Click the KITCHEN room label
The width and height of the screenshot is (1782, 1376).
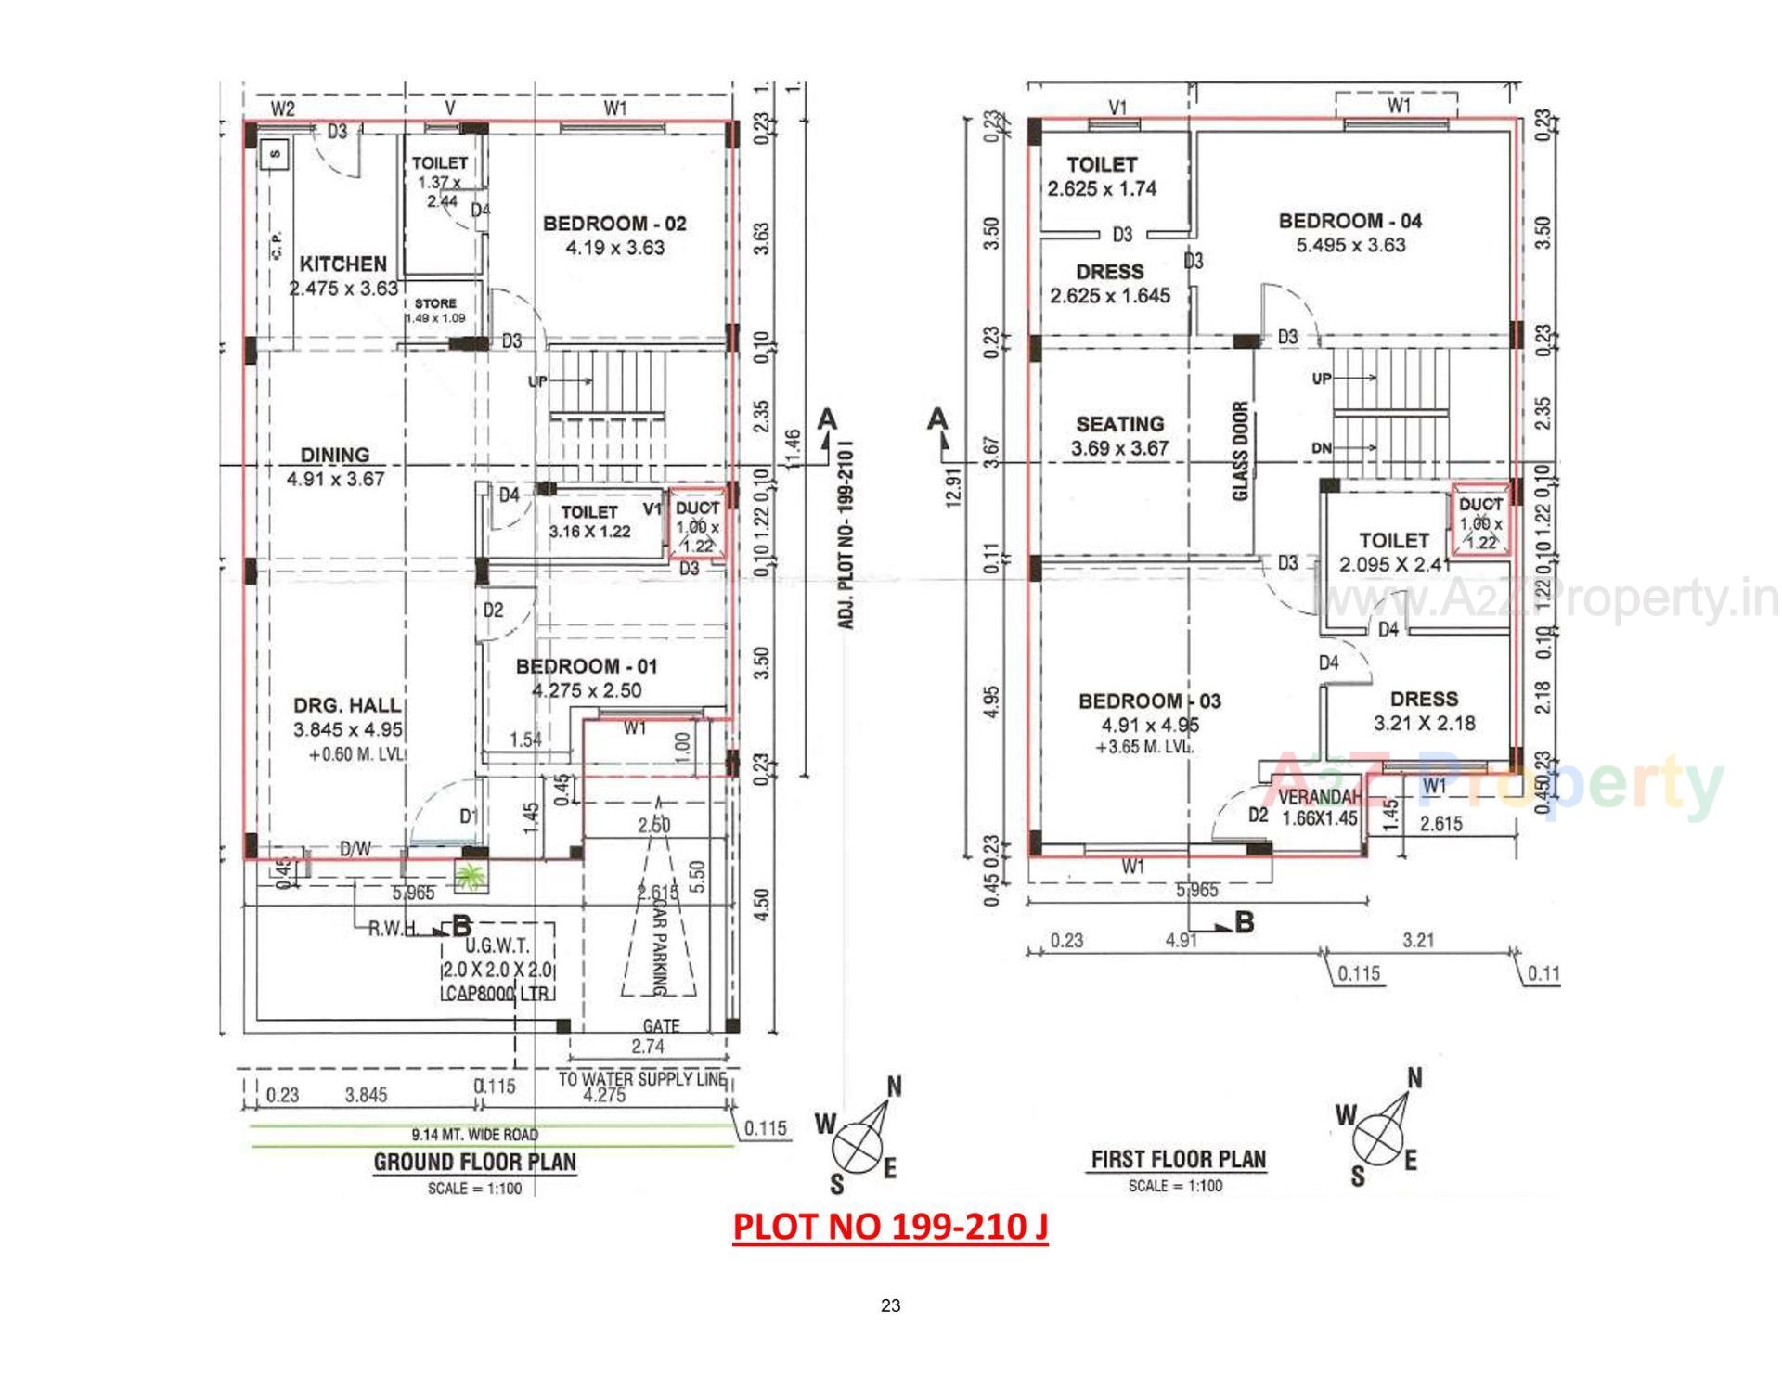[x=342, y=264]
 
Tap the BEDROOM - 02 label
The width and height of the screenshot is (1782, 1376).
[x=614, y=224]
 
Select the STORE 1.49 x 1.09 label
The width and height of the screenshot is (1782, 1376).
[x=435, y=310]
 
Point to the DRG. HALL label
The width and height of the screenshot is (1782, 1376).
[x=348, y=706]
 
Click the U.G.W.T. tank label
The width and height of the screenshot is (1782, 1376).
[x=497, y=946]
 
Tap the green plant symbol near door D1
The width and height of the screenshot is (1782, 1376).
[x=471, y=876]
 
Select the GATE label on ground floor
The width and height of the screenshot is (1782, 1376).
[x=661, y=1026]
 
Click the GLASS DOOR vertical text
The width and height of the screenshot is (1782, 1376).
[x=1240, y=452]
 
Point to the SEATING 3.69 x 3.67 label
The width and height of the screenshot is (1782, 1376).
[x=1119, y=435]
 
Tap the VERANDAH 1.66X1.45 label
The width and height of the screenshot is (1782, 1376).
[x=1320, y=807]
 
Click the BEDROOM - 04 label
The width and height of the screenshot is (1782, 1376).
[x=1349, y=222]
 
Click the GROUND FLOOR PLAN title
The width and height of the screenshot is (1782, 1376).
[x=474, y=1162]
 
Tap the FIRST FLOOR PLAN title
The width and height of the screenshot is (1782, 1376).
[x=1178, y=1159]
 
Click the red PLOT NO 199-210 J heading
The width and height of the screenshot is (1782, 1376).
[x=890, y=1227]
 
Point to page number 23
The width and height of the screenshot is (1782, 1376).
[x=890, y=1305]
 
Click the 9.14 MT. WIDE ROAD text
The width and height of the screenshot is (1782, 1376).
[x=474, y=1134]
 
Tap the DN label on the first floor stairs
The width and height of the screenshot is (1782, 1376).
[x=1322, y=448]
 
